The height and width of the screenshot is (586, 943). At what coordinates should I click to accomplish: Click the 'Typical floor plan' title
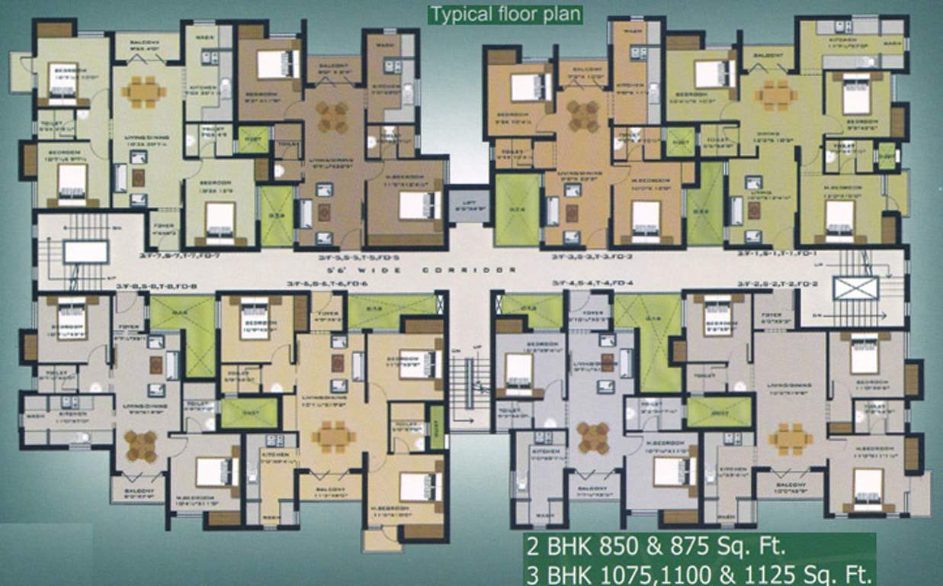pos(505,14)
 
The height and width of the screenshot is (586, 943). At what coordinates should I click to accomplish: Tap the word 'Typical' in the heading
pos(458,14)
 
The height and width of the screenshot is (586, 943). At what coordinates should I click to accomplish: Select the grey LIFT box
pos(467,204)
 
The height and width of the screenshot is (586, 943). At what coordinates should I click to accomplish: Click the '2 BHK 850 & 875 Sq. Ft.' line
pos(654,546)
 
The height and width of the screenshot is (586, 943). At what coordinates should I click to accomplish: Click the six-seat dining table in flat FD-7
pos(143,92)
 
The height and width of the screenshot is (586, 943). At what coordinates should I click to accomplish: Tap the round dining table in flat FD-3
pos(583,116)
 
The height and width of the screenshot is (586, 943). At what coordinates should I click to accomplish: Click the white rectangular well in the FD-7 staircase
pos(85,252)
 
